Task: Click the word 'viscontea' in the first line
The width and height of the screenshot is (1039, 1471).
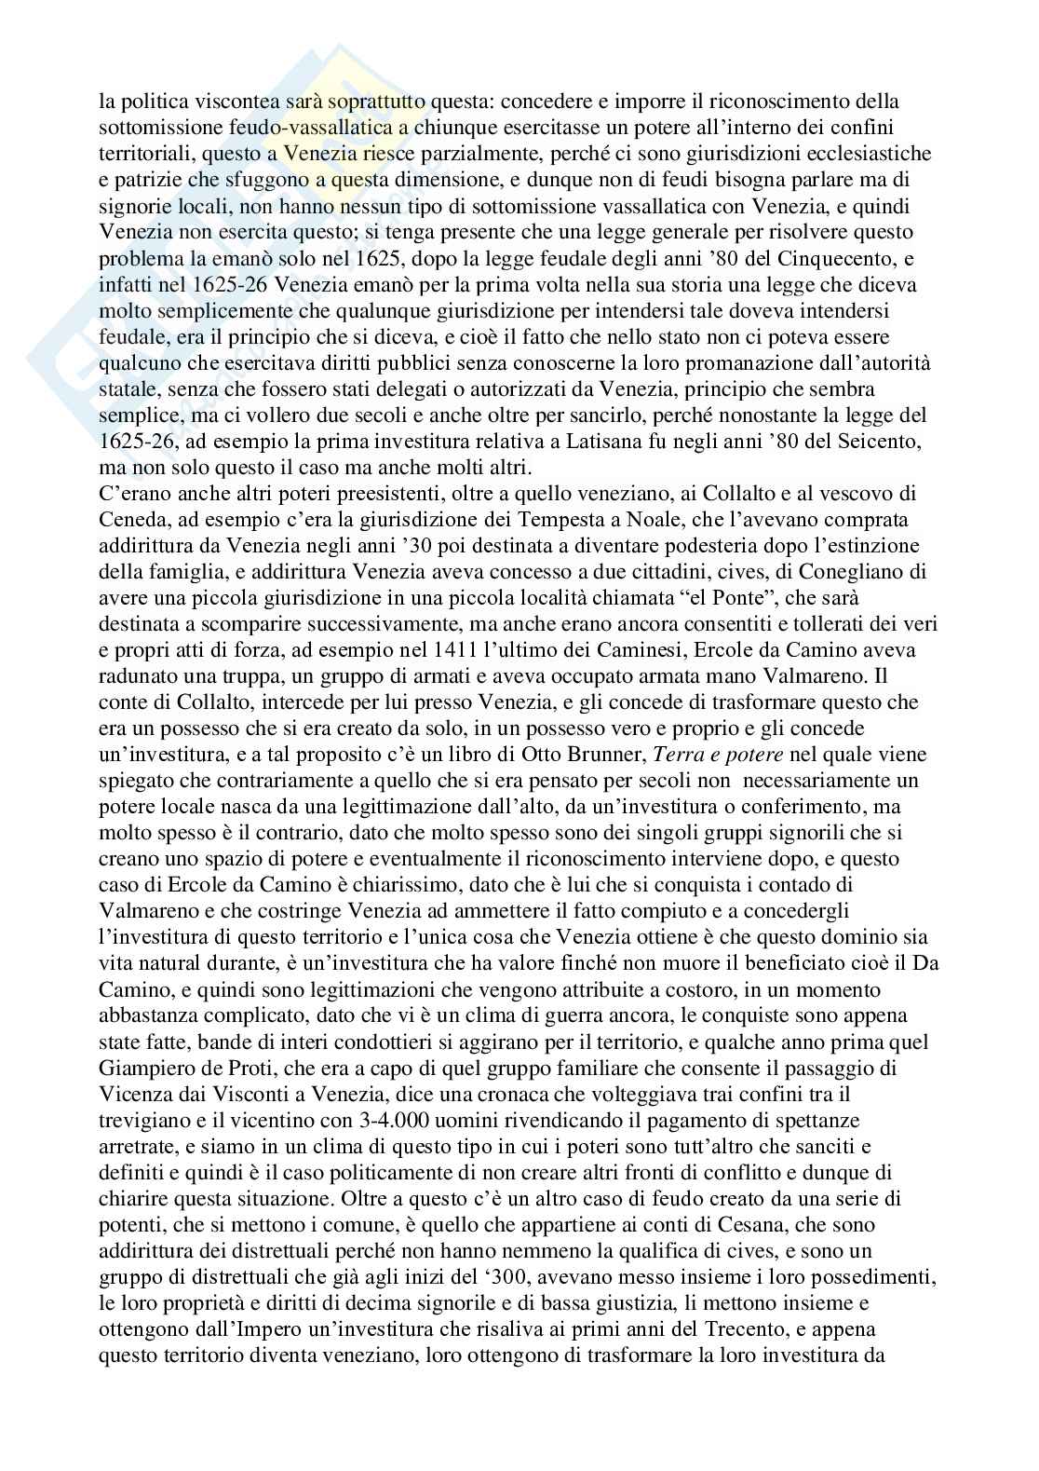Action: tap(240, 102)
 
